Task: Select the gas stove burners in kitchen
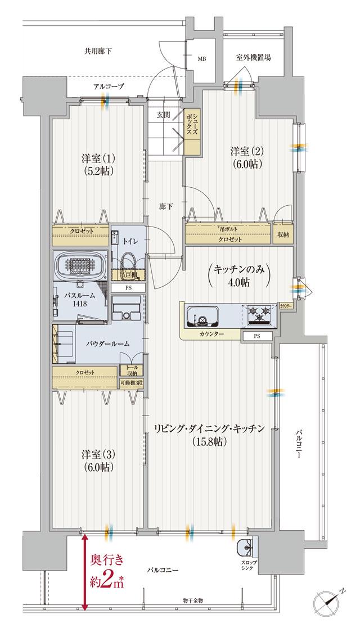pyautogui.click(x=259, y=315)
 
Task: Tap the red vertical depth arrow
pyautogui.click(x=84, y=571)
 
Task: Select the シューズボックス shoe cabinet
pyautogui.click(x=192, y=133)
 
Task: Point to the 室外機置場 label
pyautogui.click(x=255, y=57)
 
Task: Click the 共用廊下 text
pyautogui.click(x=98, y=51)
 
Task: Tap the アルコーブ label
pyautogui.click(x=109, y=86)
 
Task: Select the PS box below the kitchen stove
pyautogui.click(x=256, y=336)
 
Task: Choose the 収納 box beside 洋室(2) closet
pyautogui.click(x=283, y=234)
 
